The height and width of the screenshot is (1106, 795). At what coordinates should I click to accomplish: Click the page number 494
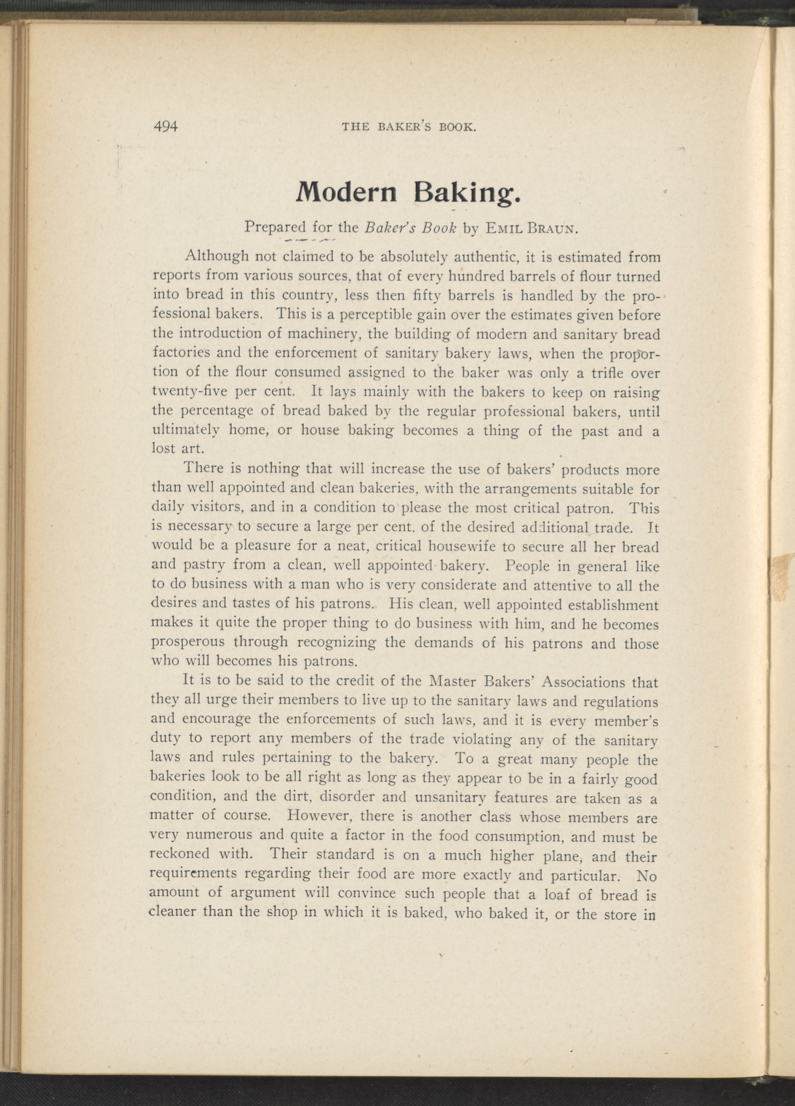point(166,127)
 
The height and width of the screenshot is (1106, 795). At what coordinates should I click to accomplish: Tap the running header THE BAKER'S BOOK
point(408,128)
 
